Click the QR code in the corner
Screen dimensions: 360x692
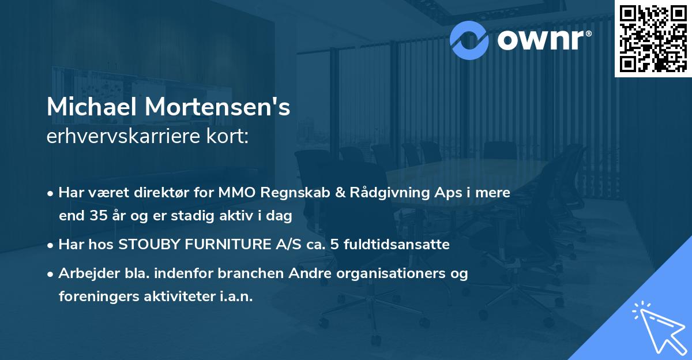[653, 38]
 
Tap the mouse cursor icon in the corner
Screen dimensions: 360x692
[657, 326]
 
